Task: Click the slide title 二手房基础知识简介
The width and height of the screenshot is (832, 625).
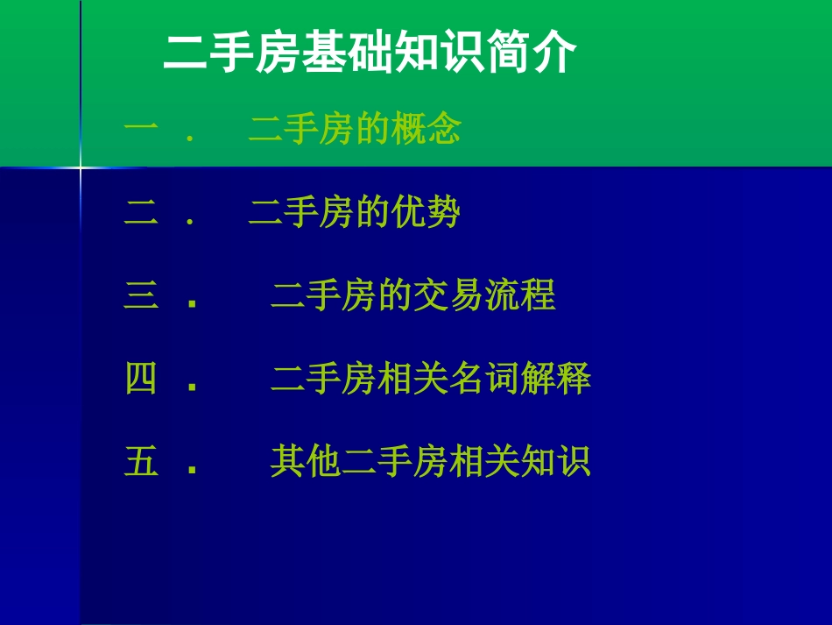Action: click(370, 54)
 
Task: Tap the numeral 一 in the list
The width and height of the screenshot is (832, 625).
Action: click(141, 130)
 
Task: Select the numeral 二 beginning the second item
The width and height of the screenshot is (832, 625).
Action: click(141, 213)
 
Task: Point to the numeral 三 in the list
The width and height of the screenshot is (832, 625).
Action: click(141, 296)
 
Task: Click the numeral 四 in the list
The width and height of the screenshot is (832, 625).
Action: click(141, 380)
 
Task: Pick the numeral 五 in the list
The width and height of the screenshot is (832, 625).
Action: click(141, 461)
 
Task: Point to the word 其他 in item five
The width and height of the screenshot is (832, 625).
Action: click(306, 461)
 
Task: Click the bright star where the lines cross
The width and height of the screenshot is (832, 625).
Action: click(81, 167)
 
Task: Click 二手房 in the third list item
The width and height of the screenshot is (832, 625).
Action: click(323, 296)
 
